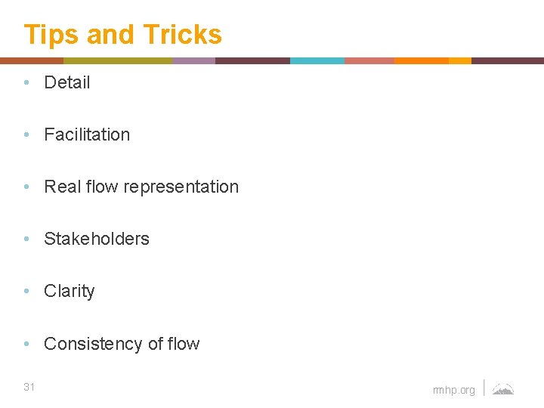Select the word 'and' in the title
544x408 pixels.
(x=110, y=35)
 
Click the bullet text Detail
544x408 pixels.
(x=67, y=82)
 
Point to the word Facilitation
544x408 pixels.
(x=87, y=134)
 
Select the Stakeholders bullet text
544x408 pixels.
(x=97, y=239)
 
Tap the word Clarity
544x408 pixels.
(x=70, y=291)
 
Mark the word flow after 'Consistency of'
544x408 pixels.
(x=184, y=344)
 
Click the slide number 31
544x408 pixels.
(x=29, y=387)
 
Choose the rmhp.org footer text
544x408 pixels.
(x=454, y=390)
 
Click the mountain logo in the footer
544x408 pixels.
(x=503, y=389)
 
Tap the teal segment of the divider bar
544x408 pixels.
(x=317, y=60)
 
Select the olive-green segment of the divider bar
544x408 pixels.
(x=118, y=60)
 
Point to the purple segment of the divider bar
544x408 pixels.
(x=193, y=60)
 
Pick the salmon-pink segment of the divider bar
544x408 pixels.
(x=369, y=60)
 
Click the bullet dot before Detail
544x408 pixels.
(x=27, y=83)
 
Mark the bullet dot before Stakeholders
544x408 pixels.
(x=27, y=240)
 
